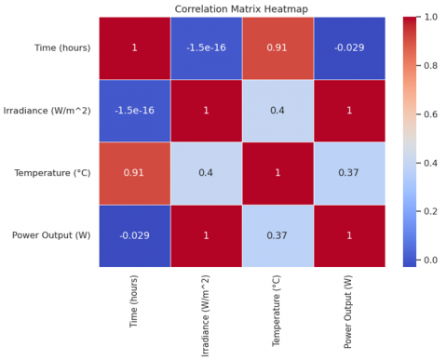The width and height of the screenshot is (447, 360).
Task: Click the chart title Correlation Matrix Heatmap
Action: pos(242,9)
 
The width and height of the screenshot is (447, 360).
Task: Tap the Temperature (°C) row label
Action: pos(53,173)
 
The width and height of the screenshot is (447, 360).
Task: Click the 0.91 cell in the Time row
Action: pos(278,47)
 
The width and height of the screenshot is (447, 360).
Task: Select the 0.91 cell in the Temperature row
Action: pos(135,173)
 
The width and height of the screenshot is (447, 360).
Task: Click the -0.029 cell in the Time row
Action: pos(350,47)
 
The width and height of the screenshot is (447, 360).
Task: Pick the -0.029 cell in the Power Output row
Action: pos(135,235)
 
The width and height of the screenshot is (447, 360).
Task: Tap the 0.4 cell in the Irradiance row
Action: pos(278,111)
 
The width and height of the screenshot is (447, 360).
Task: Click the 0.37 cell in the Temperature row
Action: pos(350,173)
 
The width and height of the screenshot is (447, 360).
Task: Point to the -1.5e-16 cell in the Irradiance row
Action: pos(135,111)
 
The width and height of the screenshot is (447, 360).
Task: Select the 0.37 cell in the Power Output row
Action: pos(278,235)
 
